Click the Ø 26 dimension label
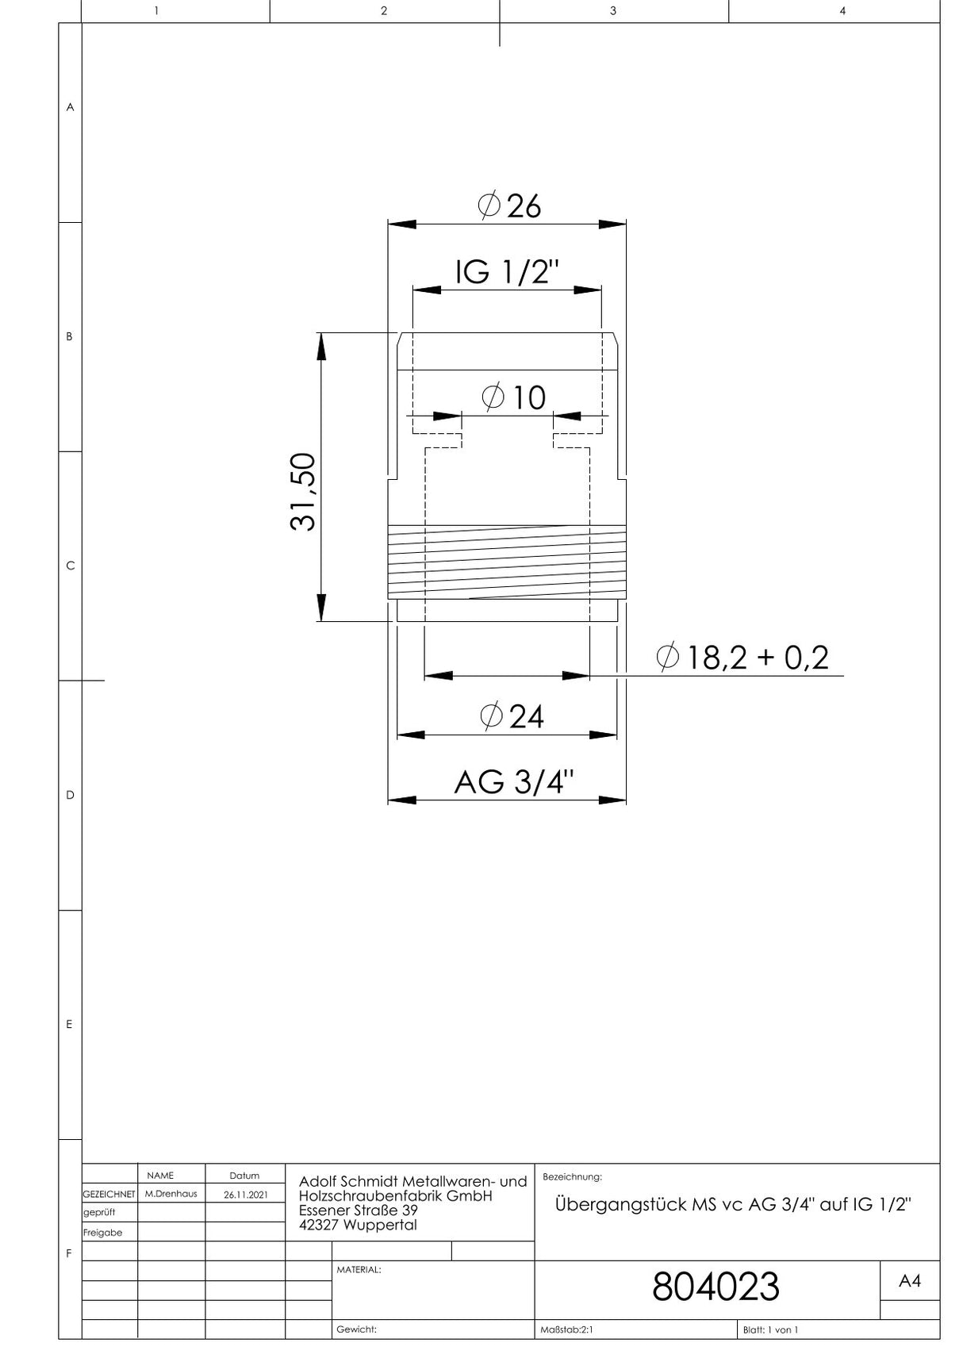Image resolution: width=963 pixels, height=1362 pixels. pyautogui.click(x=509, y=205)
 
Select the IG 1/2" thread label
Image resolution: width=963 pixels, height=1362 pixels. pyautogui.click(x=507, y=272)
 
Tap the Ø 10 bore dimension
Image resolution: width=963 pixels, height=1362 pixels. pyautogui.click(x=514, y=397)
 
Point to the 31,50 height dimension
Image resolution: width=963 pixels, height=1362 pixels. pyautogui.click(x=302, y=492)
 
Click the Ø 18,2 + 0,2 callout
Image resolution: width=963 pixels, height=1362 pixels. pyautogui.click(x=742, y=658)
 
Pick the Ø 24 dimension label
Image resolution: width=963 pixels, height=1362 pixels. pyautogui.click(x=512, y=716)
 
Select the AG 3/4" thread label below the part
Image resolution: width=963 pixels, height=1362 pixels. pyautogui.click(x=513, y=782)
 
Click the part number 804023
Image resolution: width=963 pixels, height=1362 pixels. pyautogui.click(x=716, y=1287)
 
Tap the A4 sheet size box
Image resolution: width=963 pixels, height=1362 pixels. pyautogui.click(x=910, y=1280)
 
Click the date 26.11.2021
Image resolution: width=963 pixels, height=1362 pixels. pyautogui.click(x=245, y=1194)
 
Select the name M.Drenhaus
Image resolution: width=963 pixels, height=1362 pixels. pyautogui.click(x=171, y=1194)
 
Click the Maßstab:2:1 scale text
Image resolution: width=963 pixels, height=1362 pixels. pyautogui.click(x=566, y=1329)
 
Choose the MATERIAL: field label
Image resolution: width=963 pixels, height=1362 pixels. pyautogui.click(x=359, y=1270)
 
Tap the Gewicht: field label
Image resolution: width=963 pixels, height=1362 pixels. pyautogui.click(x=356, y=1329)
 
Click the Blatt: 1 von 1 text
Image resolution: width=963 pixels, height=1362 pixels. pyautogui.click(x=770, y=1329)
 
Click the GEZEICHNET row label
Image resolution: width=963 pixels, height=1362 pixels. pyautogui.click(x=109, y=1194)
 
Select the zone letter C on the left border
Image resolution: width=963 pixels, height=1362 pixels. pyautogui.click(x=70, y=566)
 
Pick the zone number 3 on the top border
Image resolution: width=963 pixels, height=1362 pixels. pyautogui.click(x=612, y=10)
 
